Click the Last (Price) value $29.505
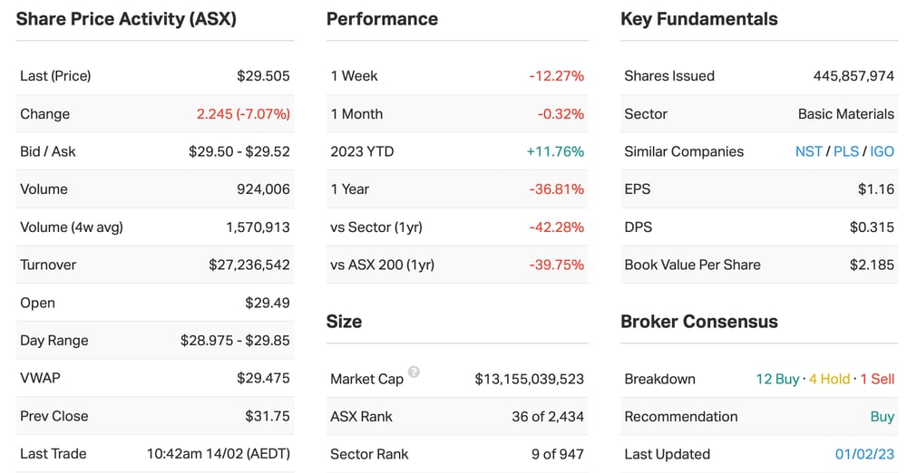pyautogui.click(x=263, y=76)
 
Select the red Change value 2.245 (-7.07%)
pyautogui.click(x=243, y=114)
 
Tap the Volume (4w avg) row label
pyautogui.click(x=72, y=227)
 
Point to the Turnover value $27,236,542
pyautogui.click(x=249, y=265)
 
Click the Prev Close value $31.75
pyautogui.click(x=268, y=416)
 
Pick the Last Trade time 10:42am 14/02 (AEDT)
pyautogui.click(x=218, y=454)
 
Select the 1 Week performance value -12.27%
pyautogui.click(x=557, y=76)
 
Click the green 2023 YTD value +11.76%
pyautogui.click(x=555, y=151)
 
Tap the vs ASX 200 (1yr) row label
pyautogui.click(x=383, y=265)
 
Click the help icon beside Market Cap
pyautogui.click(x=414, y=372)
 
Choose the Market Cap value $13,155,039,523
pyautogui.click(x=530, y=379)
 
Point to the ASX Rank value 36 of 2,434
pyautogui.click(x=548, y=416)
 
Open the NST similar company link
pyautogui.click(x=809, y=151)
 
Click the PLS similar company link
pyautogui.click(x=845, y=151)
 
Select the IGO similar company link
pyautogui.click(x=883, y=151)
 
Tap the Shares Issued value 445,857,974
pyautogui.click(x=853, y=76)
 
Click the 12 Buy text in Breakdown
pyautogui.click(x=777, y=379)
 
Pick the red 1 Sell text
pyautogui.click(x=877, y=379)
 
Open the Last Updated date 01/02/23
pyautogui.click(x=864, y=454)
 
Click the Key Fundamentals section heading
pyautogui.click(x=698, y=19)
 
